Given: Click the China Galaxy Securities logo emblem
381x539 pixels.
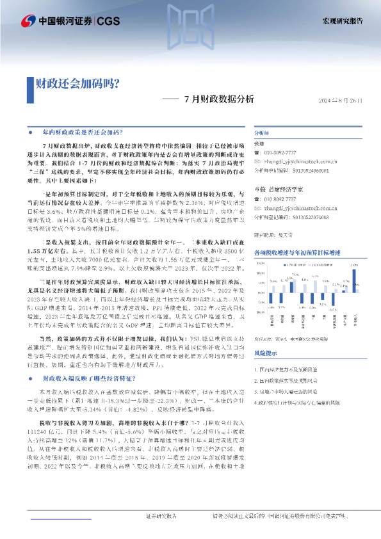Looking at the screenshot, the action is [x=27, y=20].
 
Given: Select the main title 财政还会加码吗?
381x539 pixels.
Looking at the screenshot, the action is [x=76, y=83].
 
